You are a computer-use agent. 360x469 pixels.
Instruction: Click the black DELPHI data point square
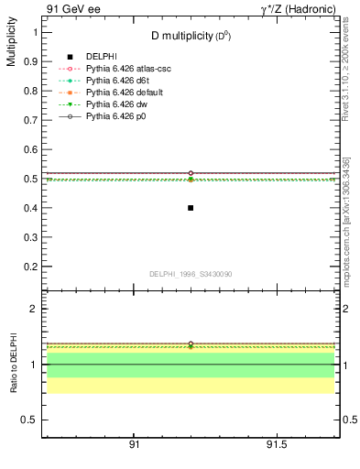pos(191,208)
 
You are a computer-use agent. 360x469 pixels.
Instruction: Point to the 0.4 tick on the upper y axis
pos(32,208)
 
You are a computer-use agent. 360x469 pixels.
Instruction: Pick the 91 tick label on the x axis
pos(134,445)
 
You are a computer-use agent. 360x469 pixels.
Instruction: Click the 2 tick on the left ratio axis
pos(35,310)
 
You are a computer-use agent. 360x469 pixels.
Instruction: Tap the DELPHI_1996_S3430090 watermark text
pos(190,274)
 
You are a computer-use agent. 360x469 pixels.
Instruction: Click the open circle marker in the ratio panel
pos(191,344)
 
